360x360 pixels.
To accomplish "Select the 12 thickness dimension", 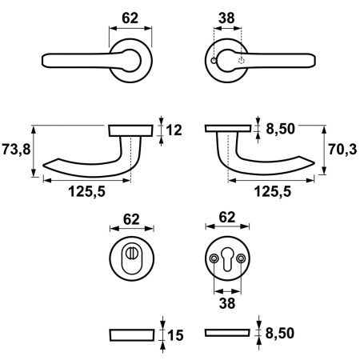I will point(174,130).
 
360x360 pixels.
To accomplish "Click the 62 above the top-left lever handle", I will point(130,17).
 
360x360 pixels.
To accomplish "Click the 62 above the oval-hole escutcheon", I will point(130,218).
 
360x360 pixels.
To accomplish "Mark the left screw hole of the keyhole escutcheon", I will point(214,260).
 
